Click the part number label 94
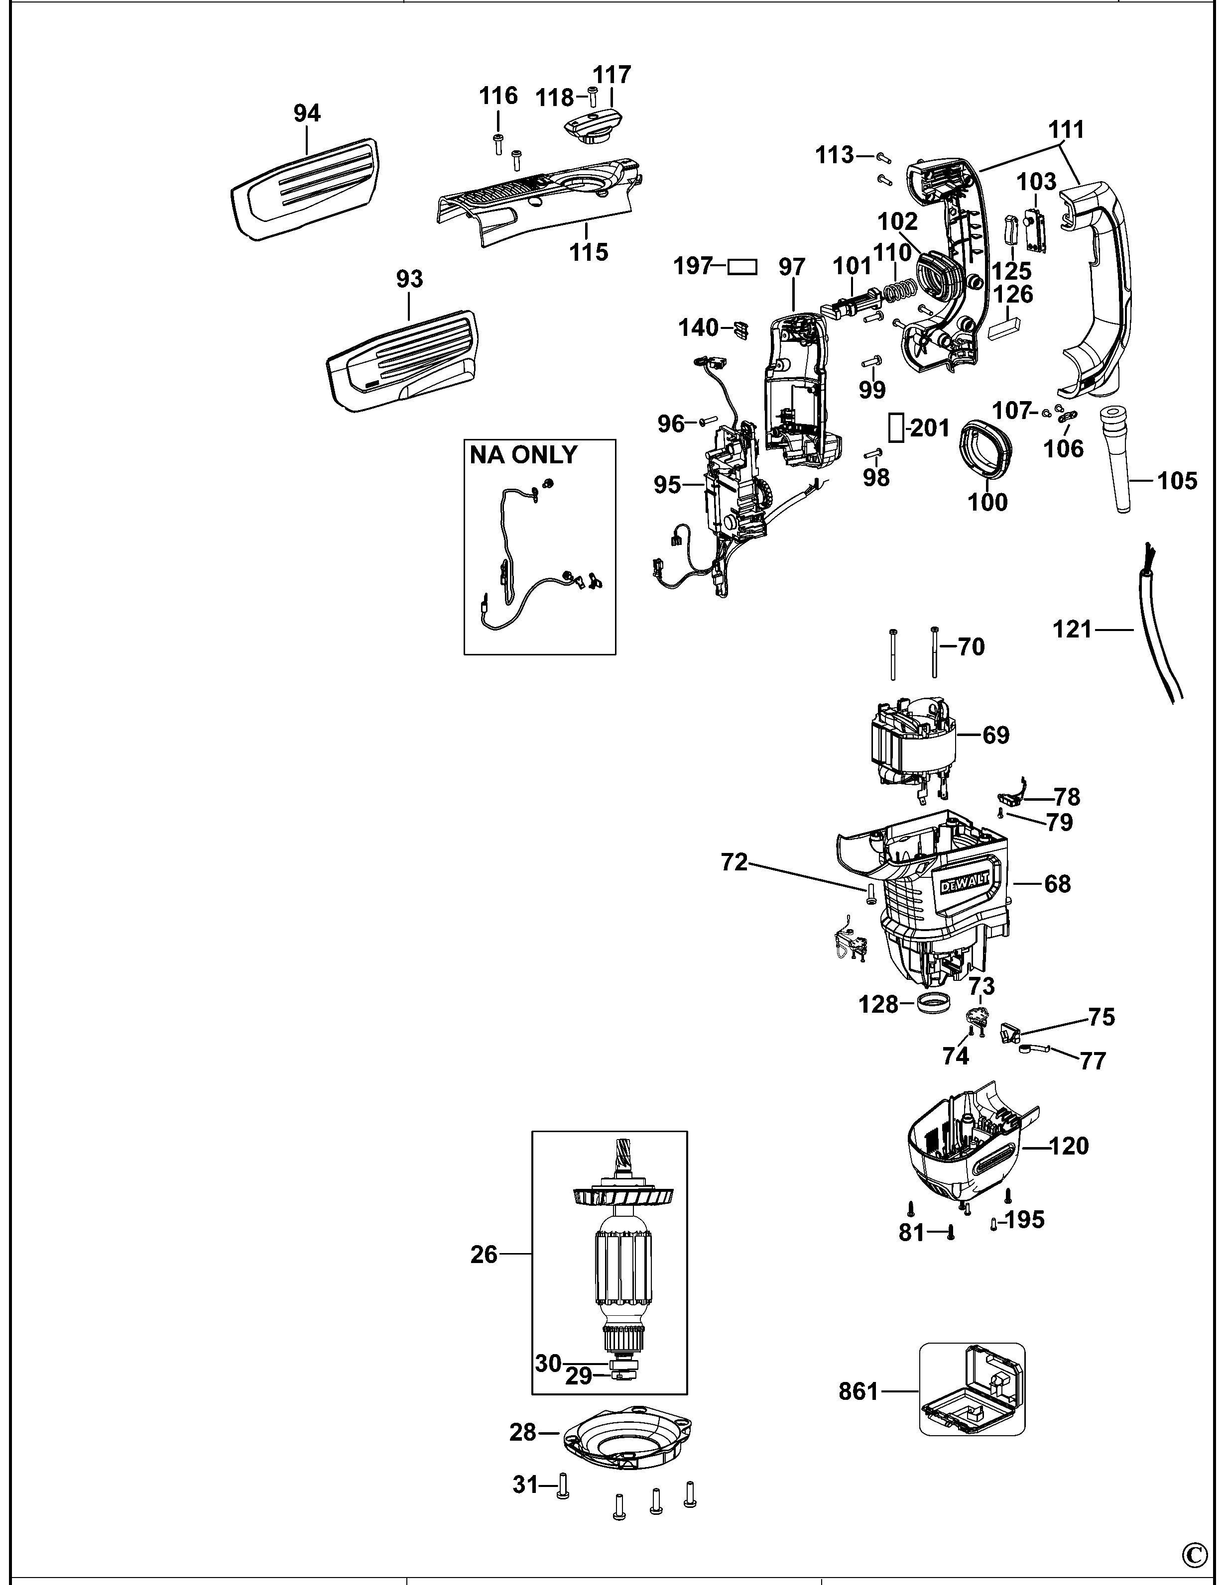(307, 113)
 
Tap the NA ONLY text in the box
(523, 455)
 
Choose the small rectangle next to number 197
(741, 267)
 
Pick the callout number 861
(858, 1391)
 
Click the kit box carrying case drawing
(973, 1388)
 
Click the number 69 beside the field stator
(995, 735)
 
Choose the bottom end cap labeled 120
(966, 1154)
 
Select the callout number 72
(734, 862)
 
